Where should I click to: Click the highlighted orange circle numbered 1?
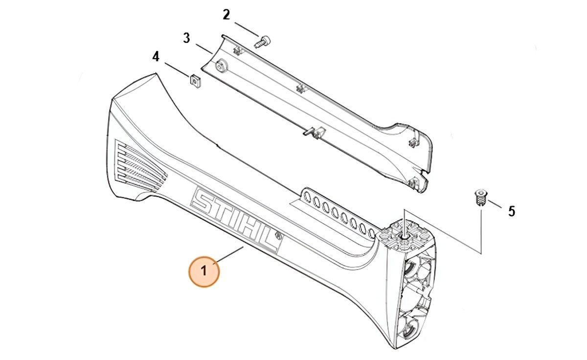[x=204, y=271]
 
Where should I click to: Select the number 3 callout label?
[x=186, y=38]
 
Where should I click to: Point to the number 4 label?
[x=156, y=57]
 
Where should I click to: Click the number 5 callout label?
[x=512, y=211]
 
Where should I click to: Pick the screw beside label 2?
[x=263, y=42]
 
